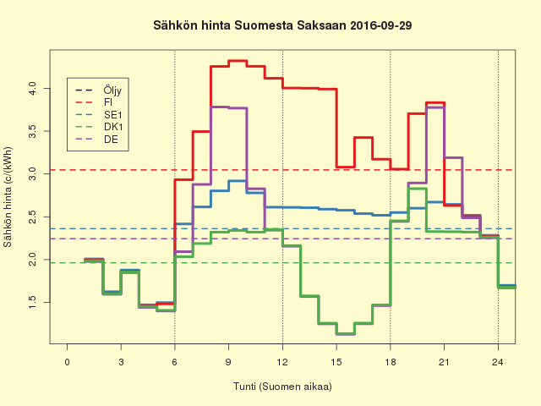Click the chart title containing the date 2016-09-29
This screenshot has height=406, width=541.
tap(270, 26)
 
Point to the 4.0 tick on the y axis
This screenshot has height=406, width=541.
tap(32, 86)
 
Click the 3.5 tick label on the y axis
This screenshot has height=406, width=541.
tap(32, 129)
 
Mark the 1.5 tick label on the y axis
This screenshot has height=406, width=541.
tap(32, 302)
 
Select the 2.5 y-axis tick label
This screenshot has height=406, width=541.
tap(32, 216)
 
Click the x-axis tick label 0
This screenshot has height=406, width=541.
tap(67, 363)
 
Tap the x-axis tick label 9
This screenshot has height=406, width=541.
tap(228, 363)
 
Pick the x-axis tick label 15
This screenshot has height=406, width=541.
tap(336, 363)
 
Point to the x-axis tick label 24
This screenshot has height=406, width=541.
tap(498, 363)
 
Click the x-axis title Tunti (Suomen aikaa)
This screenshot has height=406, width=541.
tap(282, 387)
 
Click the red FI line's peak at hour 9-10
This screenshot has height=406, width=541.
tap(238, 61)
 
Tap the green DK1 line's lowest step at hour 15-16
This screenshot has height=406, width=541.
tap(345, 334)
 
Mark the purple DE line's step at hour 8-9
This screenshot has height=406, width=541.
tap(219, 107)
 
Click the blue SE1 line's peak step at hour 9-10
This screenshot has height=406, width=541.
tap(238, 181)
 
